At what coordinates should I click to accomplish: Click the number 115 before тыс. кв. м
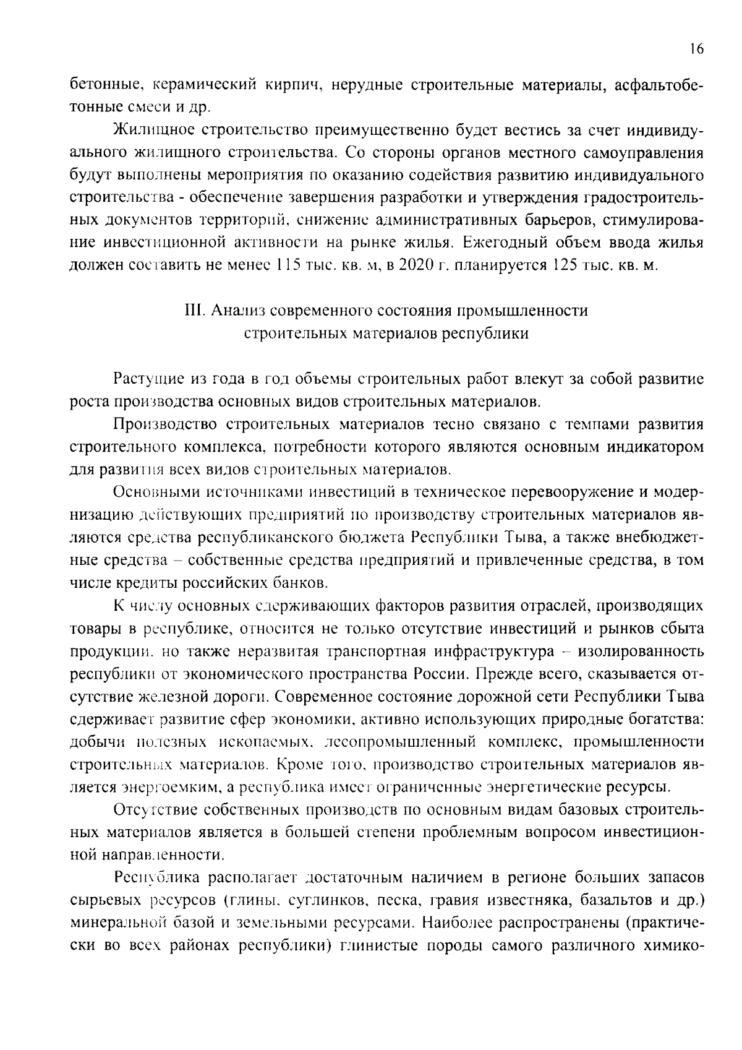pyautogui.click(x=288, y=265)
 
